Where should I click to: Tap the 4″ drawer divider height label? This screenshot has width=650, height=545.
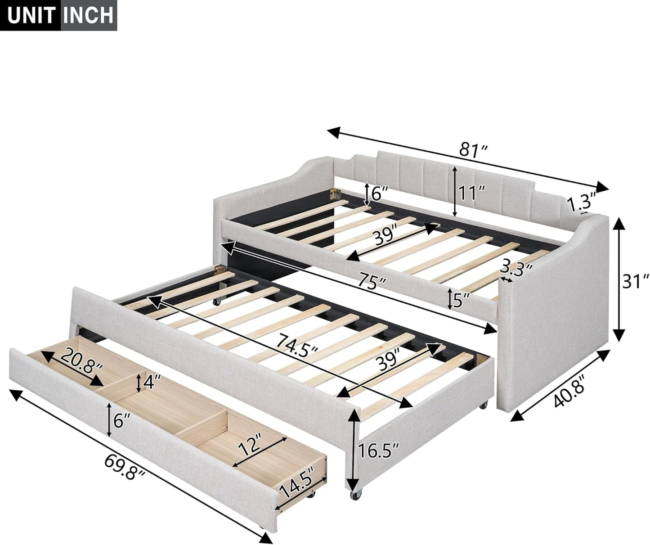(150, 382)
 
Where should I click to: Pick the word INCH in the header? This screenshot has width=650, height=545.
(88, 15)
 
